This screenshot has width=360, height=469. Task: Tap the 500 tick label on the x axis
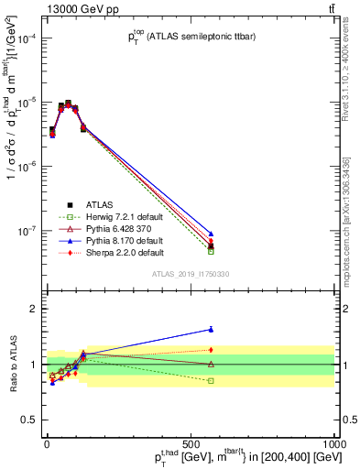coord(191,444)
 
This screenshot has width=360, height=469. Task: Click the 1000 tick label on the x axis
coord(335,444)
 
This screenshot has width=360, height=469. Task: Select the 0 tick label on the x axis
coord(46,444)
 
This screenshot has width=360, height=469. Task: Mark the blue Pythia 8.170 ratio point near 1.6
coord(211,330)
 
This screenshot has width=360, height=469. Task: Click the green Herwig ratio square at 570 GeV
coord(211,380)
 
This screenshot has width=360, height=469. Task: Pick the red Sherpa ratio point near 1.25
coord(211,349)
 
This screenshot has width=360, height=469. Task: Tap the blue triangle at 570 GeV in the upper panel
coord(211,234)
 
